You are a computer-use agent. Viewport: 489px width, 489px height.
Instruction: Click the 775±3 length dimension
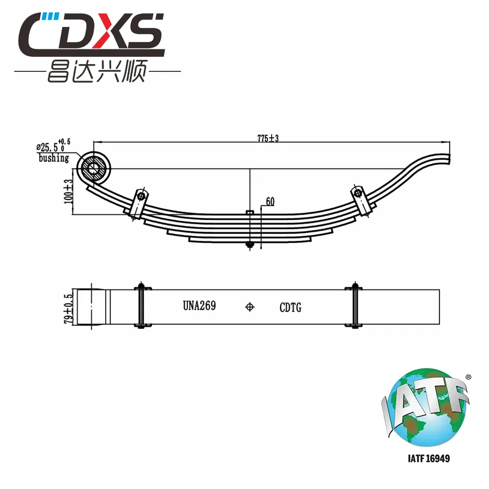point(268,138)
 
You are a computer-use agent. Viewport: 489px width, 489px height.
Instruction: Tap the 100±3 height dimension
point(68,192)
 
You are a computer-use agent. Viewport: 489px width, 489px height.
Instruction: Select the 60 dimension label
point(270,201)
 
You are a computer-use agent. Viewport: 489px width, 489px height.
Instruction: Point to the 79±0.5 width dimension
point(68,309)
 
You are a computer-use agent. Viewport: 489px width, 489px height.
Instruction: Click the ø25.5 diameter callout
point(53,146)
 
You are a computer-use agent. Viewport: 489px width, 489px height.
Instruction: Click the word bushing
point(54,158)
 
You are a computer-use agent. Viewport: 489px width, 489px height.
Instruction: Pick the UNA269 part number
point(200,306)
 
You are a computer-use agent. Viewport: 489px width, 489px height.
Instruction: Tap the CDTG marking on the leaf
point(290,308)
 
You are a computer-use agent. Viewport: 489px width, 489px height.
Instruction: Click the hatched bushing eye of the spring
point(92,169)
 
